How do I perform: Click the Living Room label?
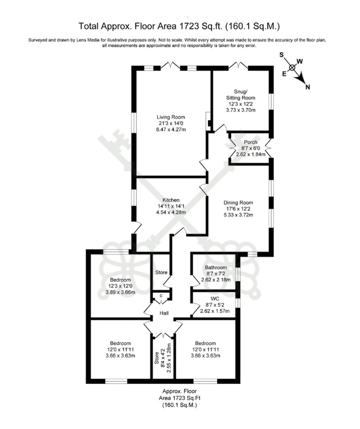point(171,117)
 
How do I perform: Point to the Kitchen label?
point(171,200)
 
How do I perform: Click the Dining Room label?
point(238,203)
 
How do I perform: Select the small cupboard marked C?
point(161,295)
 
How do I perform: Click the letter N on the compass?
point(308,87)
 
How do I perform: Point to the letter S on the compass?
point(281,55)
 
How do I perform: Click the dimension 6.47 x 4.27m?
point(171,130)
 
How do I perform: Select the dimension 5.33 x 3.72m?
point(238,215)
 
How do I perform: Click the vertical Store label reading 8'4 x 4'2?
point(163,358)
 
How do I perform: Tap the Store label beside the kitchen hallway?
point(161,272)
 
